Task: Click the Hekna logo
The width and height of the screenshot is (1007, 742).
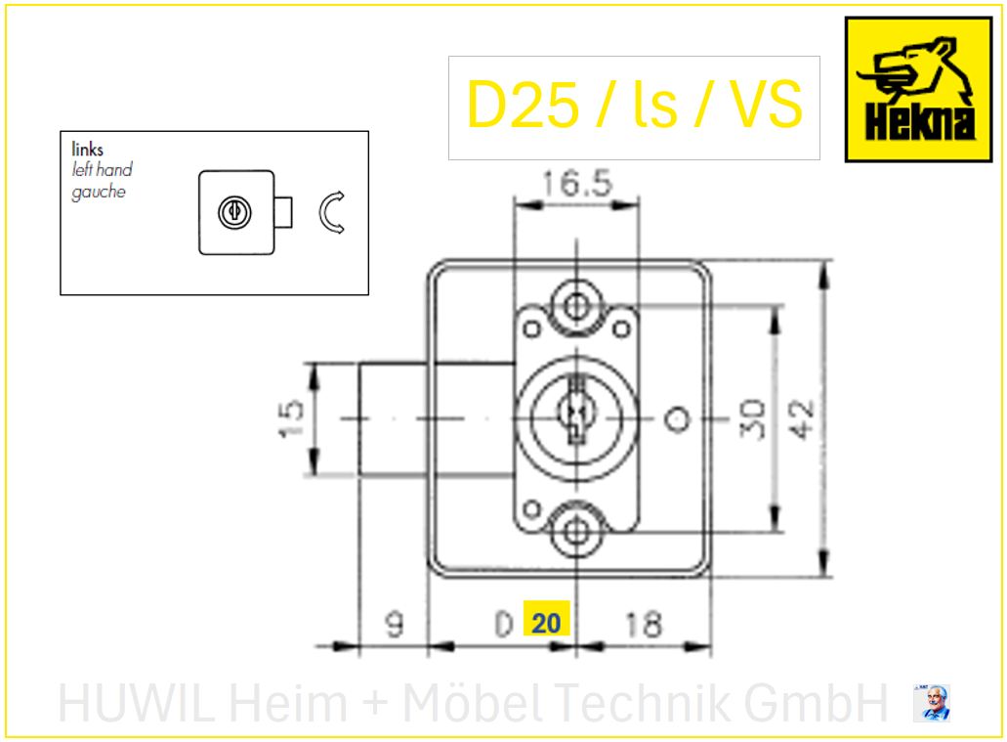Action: (918, 89)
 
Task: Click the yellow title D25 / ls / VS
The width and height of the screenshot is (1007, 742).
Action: (635, 105)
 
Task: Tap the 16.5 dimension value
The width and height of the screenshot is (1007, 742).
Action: (577, 183)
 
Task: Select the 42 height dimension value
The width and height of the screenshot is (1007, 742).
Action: (802, 419)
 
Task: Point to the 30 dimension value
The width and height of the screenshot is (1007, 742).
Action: (753, 419)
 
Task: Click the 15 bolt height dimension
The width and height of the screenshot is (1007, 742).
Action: (291, 419)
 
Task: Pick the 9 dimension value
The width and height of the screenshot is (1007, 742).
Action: (395, 625)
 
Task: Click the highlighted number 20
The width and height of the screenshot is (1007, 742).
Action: (547, 623)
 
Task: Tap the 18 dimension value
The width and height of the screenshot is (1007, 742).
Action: (643, 625)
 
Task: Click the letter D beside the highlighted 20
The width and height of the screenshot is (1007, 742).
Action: (504, 625)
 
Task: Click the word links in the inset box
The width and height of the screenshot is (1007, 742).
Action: (87, 150)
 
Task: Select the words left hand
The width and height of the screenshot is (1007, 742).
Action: (103, 170)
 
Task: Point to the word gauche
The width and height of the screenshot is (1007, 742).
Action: (99, 192)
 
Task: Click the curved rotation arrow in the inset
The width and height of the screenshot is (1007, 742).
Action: (332, 213)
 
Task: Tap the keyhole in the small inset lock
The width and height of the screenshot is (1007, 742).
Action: (235, 212)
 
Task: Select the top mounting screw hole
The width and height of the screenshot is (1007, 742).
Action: (576, 306)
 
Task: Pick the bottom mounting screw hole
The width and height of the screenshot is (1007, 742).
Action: (576, 532)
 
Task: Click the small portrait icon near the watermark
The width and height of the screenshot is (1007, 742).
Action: (931, 703)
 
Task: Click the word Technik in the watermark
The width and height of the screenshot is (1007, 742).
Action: (643, 702)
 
